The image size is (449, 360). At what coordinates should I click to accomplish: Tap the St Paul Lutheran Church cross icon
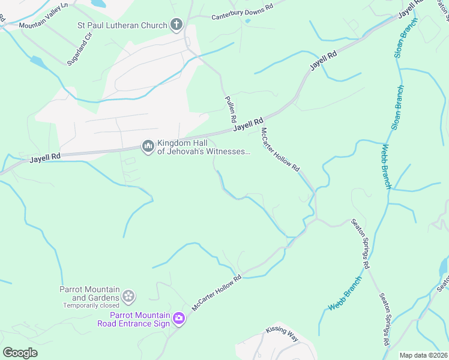coord(176,25)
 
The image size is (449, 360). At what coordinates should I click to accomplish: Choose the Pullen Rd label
coord(231,110)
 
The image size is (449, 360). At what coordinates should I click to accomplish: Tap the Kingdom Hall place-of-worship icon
coord(148,146)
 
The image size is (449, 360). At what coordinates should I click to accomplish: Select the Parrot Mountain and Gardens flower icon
coord(128,295)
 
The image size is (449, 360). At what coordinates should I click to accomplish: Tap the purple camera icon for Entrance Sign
coord(178,318)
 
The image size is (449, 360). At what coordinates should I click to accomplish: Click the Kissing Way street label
coord(282,334)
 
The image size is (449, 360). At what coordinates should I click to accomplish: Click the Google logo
coord(20,353)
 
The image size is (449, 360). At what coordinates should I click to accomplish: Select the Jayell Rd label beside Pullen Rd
coord(249,124)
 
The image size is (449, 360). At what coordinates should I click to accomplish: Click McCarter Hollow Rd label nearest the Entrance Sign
coord(216,293)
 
